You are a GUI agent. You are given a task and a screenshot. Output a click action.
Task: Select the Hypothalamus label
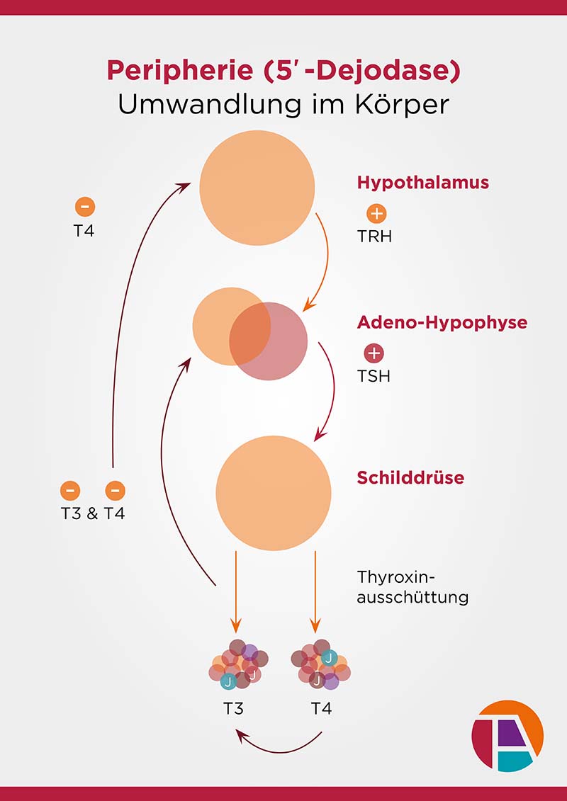pos(423,182)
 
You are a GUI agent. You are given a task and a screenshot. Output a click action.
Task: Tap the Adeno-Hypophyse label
pos(442,322)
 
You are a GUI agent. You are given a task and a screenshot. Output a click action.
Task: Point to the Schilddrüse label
pos(410,477)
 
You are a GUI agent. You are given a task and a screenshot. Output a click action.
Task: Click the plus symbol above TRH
pos(377,213)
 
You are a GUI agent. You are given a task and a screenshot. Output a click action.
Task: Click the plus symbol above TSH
pos(374,353)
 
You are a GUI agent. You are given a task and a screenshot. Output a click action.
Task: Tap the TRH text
pos(374,236)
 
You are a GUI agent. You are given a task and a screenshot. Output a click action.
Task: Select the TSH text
pos(374,375)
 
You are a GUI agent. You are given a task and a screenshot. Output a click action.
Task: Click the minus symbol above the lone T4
pos(84,207)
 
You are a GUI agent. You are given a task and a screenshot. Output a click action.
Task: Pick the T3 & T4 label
pos(93,513)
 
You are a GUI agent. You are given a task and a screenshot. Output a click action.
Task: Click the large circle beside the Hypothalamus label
pos(257,186)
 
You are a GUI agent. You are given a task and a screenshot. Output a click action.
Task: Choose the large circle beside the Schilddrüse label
pos(273,493)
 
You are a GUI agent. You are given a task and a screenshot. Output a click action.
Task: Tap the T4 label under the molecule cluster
pos(321,708)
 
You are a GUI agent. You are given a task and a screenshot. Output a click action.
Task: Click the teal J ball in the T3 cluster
pos(228,681)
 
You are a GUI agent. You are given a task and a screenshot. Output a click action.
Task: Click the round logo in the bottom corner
pos(507,735)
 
